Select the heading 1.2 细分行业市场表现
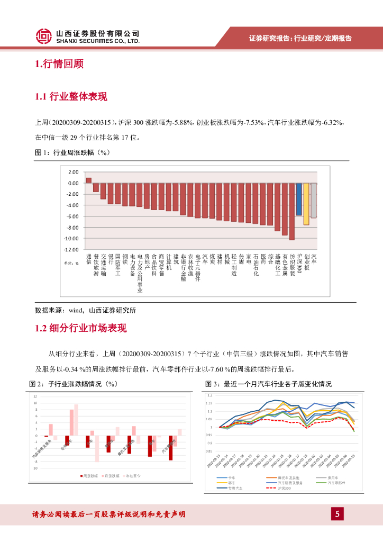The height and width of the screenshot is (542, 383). [80, 328]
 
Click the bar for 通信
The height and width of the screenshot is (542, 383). [88, 180]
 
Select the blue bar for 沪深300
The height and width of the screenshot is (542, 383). [299, 199]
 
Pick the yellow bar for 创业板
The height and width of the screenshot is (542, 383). [306, 204]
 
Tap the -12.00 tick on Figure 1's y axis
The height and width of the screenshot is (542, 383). [71, 249]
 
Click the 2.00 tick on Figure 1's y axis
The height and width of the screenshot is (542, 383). [73, 172]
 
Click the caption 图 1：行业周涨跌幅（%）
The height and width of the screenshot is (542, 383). [71, 152]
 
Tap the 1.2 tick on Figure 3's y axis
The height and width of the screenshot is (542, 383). [210, 395]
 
